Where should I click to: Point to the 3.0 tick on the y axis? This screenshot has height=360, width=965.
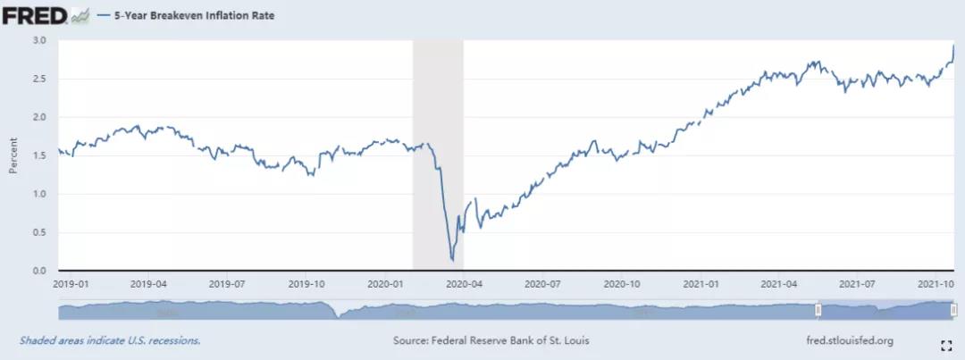tap(38, 40)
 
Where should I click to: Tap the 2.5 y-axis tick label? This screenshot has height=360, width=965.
tap(38, 79)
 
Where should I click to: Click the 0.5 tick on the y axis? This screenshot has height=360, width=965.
tap(38, 232)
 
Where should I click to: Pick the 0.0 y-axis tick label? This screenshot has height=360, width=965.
tap(38, 271)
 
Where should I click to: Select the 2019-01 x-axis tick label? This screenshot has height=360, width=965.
tap(70, 283)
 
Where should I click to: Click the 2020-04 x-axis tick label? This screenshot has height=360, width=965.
tap(464, 283)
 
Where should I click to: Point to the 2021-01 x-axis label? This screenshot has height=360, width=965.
tap(700, 283)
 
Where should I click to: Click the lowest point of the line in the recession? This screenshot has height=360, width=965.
tap(452, 260)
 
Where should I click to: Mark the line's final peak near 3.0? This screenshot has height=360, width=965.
tap(953, 46)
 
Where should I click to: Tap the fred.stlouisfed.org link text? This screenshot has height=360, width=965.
tap(849, 340)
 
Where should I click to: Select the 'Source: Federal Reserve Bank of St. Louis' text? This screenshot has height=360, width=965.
tap(491, 340)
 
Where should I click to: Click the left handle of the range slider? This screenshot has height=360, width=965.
tap(818, 310)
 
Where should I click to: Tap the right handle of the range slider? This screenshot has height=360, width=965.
tap(953, 310)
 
